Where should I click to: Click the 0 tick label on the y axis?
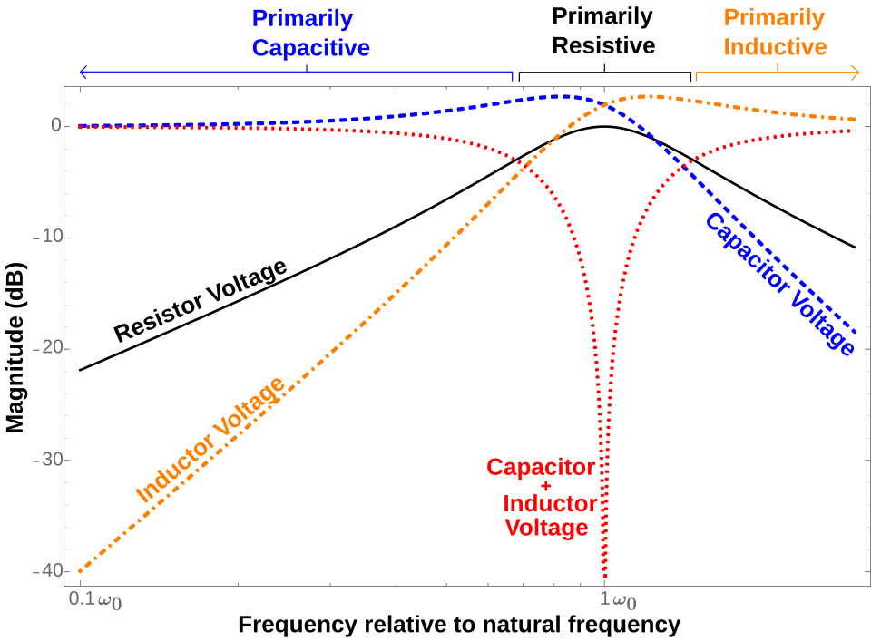(56, 125)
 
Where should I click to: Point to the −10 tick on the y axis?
(47, 237)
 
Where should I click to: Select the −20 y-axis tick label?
(47, 348)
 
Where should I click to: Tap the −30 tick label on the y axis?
(47, 460)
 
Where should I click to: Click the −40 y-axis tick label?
(47, 570)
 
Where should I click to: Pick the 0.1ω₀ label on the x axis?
(95, 600)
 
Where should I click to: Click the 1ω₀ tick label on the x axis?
(618, 600)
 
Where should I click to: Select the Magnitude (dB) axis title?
(15, 347)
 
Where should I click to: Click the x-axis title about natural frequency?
(459, 625)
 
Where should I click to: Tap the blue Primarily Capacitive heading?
(310, 34)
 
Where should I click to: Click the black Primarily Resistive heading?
(603, 31)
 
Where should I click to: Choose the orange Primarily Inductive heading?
(775, 33)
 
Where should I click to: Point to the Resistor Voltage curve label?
(201, 300)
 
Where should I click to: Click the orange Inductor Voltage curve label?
(210, 440)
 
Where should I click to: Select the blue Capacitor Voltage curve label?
(780, 284)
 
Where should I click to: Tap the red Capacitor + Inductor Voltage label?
(543, 497)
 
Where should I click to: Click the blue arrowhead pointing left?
(83, 73)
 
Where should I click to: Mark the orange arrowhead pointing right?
(856, 73)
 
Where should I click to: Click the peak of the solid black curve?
(604, 127)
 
